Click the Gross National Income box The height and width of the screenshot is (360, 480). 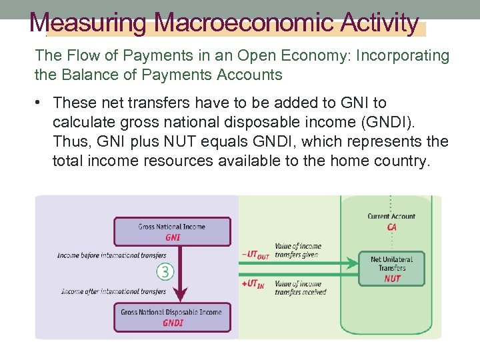tap(172, 231)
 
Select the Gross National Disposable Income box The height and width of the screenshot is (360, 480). tap(172, 317)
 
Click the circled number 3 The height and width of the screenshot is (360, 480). tap(166, 271)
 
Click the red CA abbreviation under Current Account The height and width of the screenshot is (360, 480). tap(392, 227)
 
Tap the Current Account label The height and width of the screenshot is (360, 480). tap(392, 216)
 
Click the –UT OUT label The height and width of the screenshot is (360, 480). tap(255, 253)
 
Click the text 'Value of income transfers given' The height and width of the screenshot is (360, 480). tap(297, 251)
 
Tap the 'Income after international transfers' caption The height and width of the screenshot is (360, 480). tap(113, 291)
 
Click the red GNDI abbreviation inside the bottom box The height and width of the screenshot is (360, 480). tap(172, 323)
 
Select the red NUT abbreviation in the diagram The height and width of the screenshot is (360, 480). tap(392, 279)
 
